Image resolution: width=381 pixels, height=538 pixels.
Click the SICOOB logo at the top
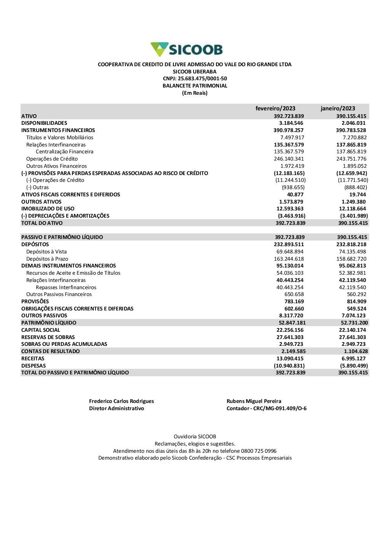187,49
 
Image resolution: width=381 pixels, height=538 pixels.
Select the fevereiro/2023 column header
275,108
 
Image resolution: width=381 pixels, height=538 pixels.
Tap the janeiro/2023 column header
338,108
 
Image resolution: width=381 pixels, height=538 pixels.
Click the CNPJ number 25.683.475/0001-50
202,79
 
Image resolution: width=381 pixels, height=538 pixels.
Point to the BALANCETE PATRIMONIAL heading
195,86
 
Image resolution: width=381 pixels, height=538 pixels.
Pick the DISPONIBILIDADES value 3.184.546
291,123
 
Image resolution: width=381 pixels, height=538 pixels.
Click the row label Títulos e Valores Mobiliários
59,138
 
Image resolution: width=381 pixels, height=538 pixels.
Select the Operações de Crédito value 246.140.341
289,159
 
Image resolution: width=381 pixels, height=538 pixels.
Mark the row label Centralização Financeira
64,152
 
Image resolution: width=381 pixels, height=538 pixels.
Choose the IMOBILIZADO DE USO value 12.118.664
352,209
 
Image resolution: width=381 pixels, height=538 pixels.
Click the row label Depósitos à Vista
46,252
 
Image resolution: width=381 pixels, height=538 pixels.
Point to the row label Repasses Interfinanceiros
66,288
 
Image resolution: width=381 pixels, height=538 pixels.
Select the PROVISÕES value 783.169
294,302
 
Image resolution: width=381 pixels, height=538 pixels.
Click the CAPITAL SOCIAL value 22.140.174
352,330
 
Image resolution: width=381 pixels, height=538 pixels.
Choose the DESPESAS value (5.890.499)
354,366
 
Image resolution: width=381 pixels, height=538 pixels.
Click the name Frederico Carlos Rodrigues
122,401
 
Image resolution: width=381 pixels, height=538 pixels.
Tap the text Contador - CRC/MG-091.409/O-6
266,409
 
